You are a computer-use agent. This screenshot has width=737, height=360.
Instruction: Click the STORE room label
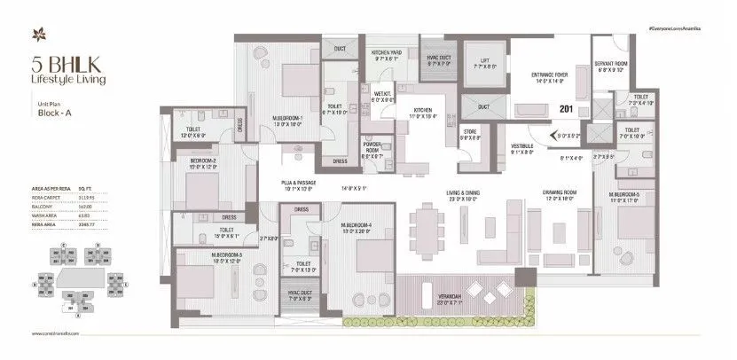[x=470, y=133]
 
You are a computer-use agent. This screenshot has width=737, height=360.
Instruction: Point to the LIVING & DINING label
[x=463, y=197]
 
